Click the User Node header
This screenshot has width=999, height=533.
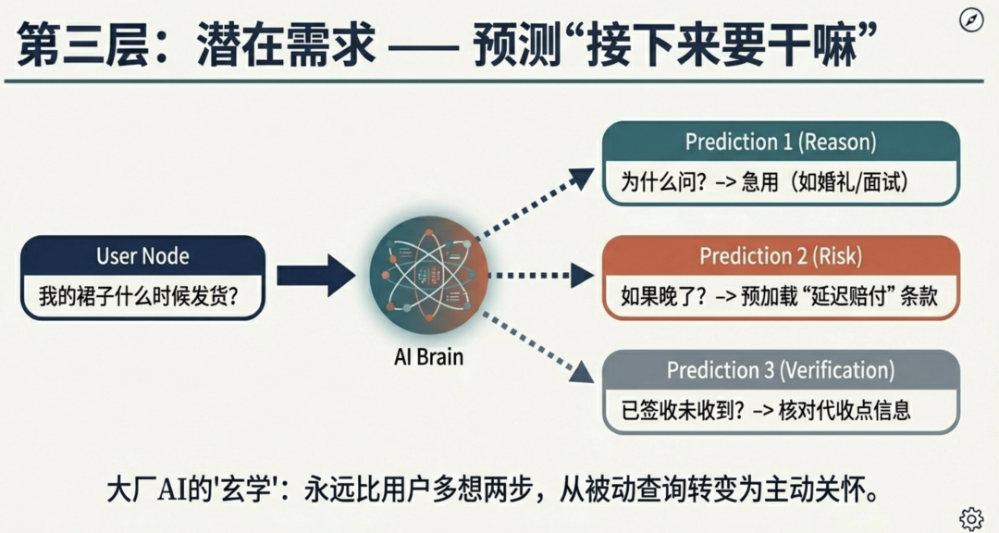click(x=142, y=255)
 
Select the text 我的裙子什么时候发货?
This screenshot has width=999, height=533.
click(x=138, y=296)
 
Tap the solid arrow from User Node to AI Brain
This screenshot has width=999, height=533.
click(x=316, y=276)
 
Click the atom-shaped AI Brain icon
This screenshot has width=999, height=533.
click(x=429, y=275)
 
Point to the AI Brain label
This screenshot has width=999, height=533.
click(x=429, y=356)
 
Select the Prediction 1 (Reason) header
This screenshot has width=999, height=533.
click(x=781, y=142)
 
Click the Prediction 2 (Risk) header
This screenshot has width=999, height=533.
click(x=781, y=255)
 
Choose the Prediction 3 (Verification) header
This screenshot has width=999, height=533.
click(x=781, y=370)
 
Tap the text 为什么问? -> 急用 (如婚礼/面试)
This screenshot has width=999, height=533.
click(x=764, y=182)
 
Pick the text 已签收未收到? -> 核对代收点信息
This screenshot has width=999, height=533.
click(x=766, y=410)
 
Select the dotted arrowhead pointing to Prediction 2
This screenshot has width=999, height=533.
click(x=583, y=276)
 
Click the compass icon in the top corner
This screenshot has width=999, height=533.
click(x=971, y=20)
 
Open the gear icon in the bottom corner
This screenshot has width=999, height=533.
click(x=971, y=518)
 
